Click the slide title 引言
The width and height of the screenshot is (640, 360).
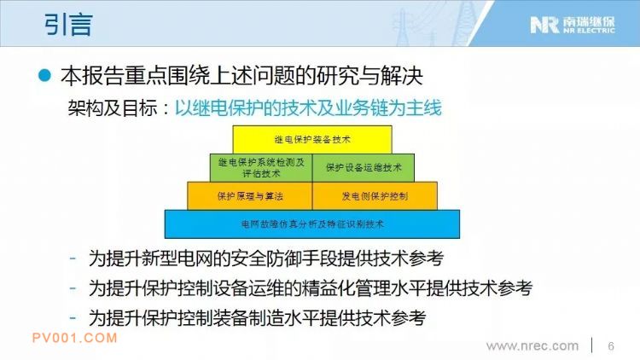click(68, 25)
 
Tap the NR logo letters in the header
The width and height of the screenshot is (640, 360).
click(544, 25)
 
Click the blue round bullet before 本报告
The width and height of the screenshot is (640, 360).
click(44, 76)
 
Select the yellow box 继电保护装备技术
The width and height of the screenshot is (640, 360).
click(312, 140)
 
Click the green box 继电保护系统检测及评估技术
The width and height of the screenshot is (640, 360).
click(261, 168)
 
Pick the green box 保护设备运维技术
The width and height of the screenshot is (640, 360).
click(364, 168)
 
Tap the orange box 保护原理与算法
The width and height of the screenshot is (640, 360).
click(250, 196)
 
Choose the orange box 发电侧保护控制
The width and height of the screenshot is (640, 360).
click(375, 196)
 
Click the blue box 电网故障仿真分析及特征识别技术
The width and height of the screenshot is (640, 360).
click(312, 224)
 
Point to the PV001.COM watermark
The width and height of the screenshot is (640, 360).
click(75, 338)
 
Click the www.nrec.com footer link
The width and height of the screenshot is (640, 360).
click(532, 346)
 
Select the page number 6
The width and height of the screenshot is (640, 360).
click(611, 346)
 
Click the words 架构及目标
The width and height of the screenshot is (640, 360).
click(113, 108)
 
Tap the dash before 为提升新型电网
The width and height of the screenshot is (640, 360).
click(73, 258)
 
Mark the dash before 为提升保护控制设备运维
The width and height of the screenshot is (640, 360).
click(73, 287)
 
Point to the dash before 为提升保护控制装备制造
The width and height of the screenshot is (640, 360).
click(73, 317)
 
